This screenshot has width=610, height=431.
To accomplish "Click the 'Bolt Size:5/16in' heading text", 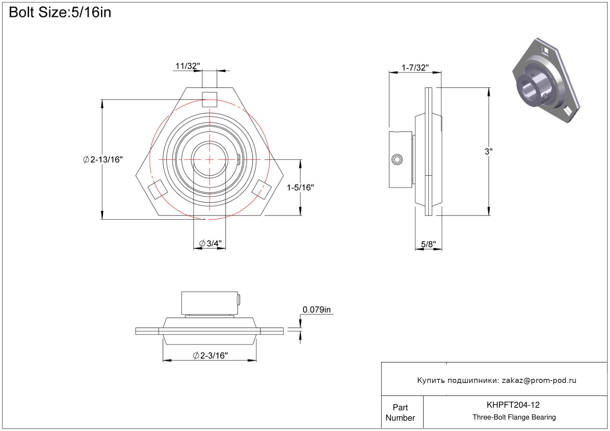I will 60,13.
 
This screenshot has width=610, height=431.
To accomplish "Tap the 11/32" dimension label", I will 187,66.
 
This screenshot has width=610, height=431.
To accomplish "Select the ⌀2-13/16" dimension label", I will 103,159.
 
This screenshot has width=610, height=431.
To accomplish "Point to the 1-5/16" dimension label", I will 300,188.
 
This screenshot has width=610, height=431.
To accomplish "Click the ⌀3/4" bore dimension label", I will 210,243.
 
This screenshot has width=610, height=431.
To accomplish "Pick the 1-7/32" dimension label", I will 415,68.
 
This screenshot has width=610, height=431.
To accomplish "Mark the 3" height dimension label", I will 489,151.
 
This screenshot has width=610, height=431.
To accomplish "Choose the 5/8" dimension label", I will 429,245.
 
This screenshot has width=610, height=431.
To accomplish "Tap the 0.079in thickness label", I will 317,310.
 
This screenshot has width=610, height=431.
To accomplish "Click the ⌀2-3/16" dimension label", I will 210,356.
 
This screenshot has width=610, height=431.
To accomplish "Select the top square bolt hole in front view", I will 210,100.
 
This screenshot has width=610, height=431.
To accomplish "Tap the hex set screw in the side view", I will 397,159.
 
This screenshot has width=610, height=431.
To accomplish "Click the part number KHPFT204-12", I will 513,405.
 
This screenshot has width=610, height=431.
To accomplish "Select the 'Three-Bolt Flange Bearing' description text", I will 514,417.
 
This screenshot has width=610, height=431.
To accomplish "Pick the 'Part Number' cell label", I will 400,413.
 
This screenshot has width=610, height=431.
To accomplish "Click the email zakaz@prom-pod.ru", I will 539,380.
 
